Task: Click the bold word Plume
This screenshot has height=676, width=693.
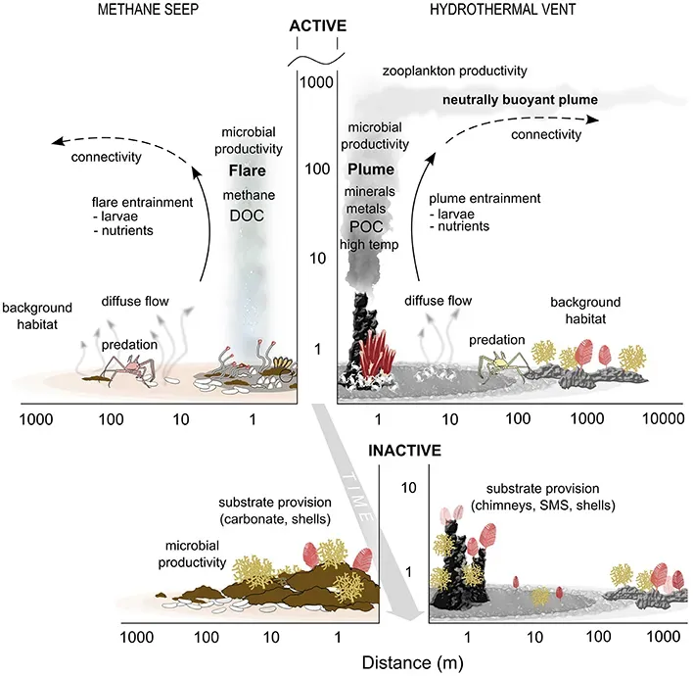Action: click(x=371, y=169)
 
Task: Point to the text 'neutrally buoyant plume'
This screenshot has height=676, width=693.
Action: click(x=520, y=101)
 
